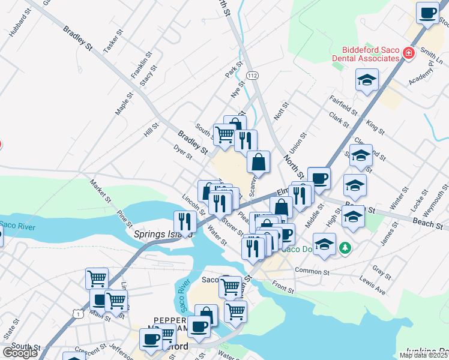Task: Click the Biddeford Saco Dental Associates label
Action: coord(371,54)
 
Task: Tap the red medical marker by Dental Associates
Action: coord(409,53)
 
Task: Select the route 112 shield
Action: coord(252,74)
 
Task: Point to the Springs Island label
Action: coord(158,235)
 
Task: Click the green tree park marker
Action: coord(345,247)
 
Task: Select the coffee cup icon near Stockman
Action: coord(427,13)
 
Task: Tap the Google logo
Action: coord(20,353)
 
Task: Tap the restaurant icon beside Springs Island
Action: coord(185,221)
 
